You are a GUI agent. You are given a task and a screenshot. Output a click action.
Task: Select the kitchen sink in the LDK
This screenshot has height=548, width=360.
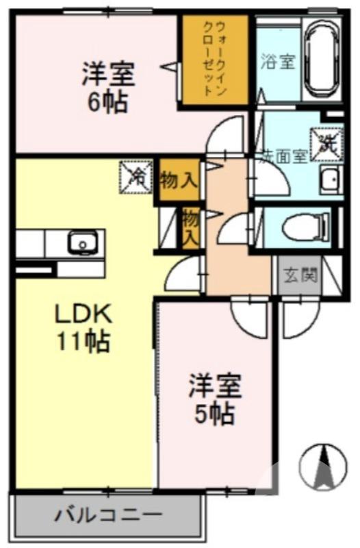pos(81,242)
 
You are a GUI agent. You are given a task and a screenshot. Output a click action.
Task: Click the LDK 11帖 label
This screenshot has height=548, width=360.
pos(82,327)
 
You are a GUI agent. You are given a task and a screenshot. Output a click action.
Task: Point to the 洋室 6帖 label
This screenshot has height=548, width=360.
pos(109,88)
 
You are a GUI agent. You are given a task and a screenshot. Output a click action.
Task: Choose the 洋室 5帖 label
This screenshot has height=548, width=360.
pos(215,399)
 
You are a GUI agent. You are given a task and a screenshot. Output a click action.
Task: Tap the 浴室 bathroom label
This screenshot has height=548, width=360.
pos(278,61)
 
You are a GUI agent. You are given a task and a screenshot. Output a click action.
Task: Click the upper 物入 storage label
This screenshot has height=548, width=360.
pos(179,181)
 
